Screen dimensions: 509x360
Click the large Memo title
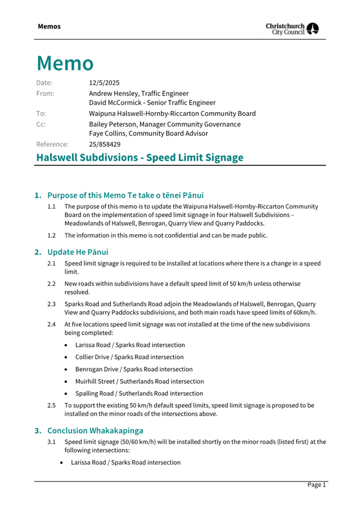[65, 63]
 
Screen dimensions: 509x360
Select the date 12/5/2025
[104, 83]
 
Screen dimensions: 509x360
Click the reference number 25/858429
[105, 144]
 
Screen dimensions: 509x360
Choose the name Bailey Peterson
[115, 124]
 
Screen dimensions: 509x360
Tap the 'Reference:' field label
[52, 144]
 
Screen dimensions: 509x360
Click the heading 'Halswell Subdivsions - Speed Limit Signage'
[140, 157]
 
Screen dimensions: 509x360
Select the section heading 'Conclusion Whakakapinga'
[95, 430]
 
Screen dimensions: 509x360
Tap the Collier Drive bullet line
[130, 357]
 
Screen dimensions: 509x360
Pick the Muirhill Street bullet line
[139, 381]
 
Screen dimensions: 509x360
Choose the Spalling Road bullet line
[139, 393]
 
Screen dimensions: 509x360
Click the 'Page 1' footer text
[316, 484]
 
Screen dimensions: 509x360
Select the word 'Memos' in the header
[49, 26]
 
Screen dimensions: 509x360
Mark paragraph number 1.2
[52, 235]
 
